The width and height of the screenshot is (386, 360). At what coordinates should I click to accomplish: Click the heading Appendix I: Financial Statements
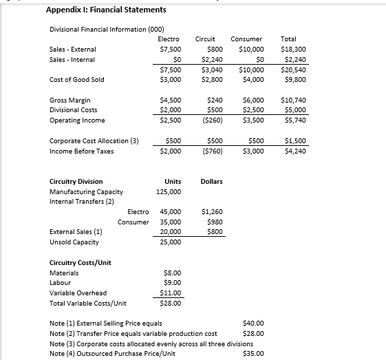click(96, 10)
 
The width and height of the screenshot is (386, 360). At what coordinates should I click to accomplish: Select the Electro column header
click(170, 39)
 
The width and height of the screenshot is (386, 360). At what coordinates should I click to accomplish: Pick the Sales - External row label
click(73, 50)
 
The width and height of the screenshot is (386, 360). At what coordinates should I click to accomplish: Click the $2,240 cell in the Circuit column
click(212, 60)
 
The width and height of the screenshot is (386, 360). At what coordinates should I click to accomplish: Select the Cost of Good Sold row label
click(77, 80)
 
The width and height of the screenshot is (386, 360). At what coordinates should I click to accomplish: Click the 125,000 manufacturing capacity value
click(170, 192)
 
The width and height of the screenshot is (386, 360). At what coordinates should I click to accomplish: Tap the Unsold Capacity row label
click(74, 242)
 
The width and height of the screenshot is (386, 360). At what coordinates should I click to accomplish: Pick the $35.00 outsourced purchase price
click(255, 354)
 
